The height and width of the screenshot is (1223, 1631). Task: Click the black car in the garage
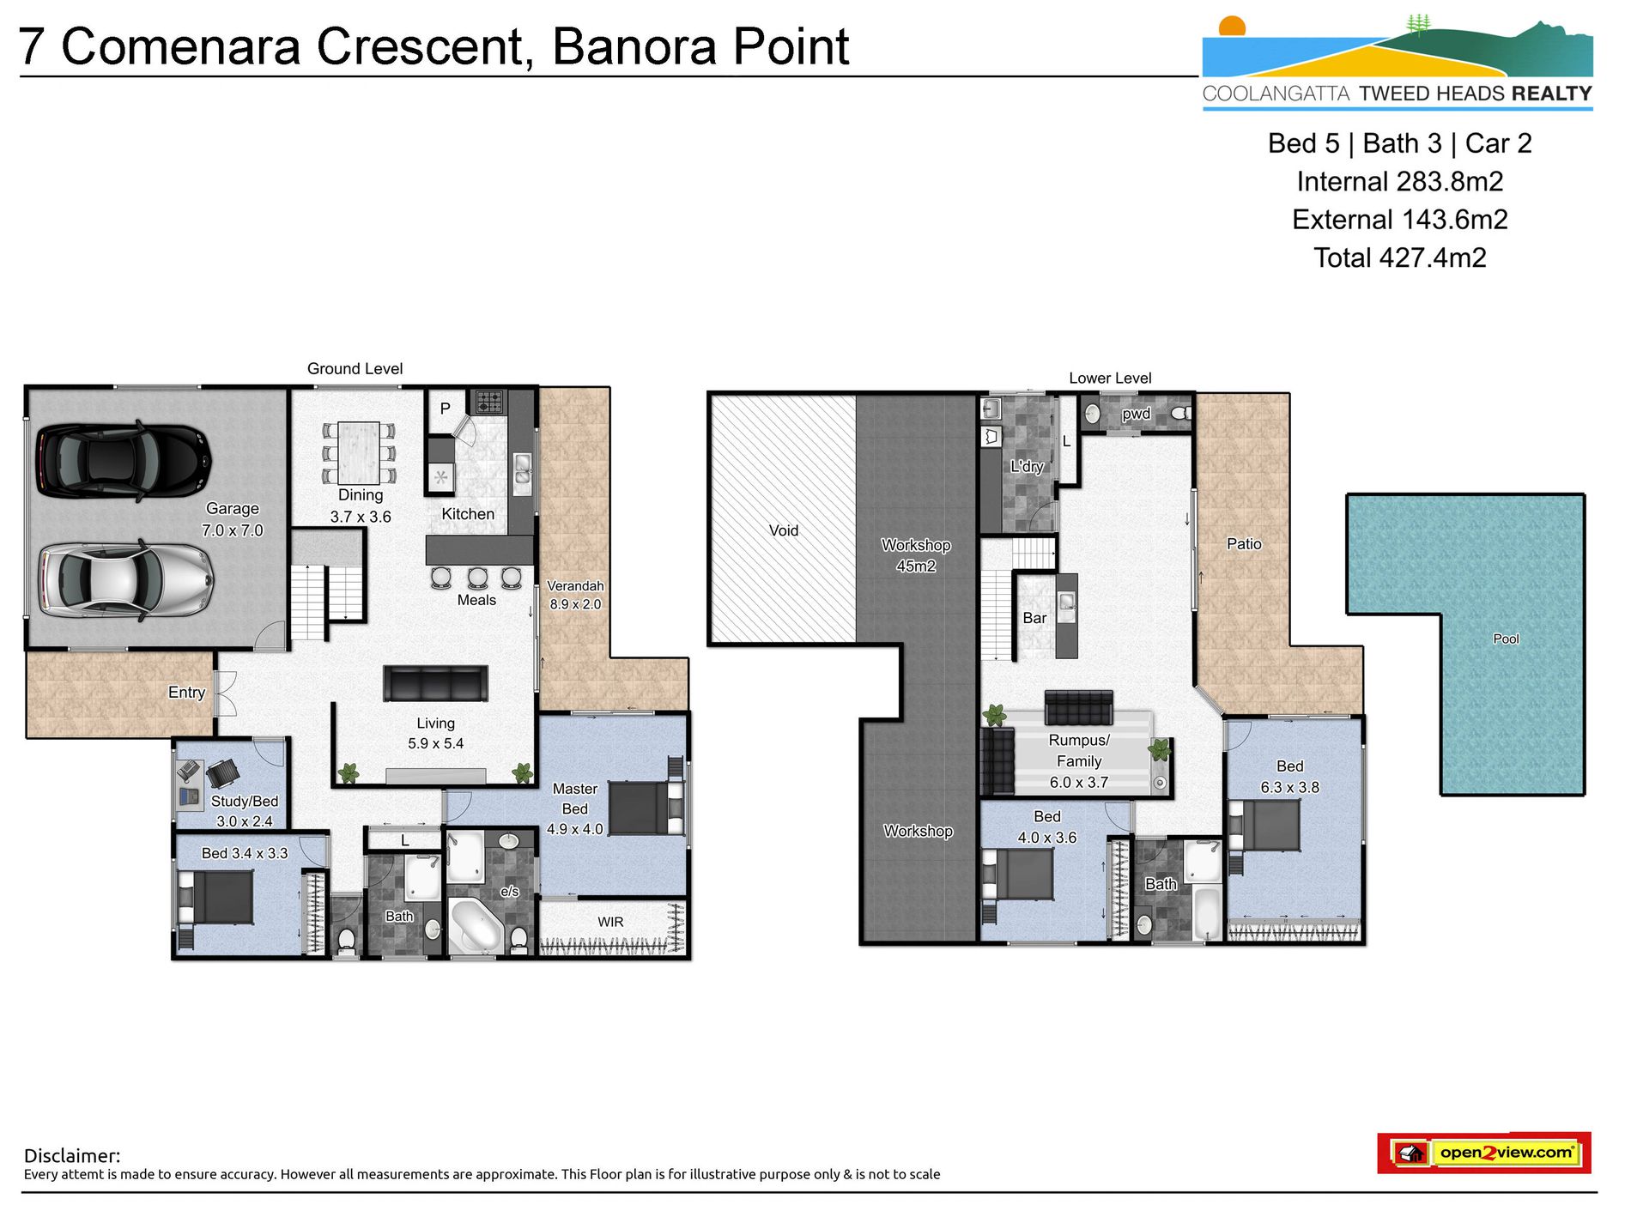[x=124, y=461]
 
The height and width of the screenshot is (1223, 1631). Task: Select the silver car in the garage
[x=125, y=579]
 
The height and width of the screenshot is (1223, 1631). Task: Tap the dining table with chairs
[x=359, y=452]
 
